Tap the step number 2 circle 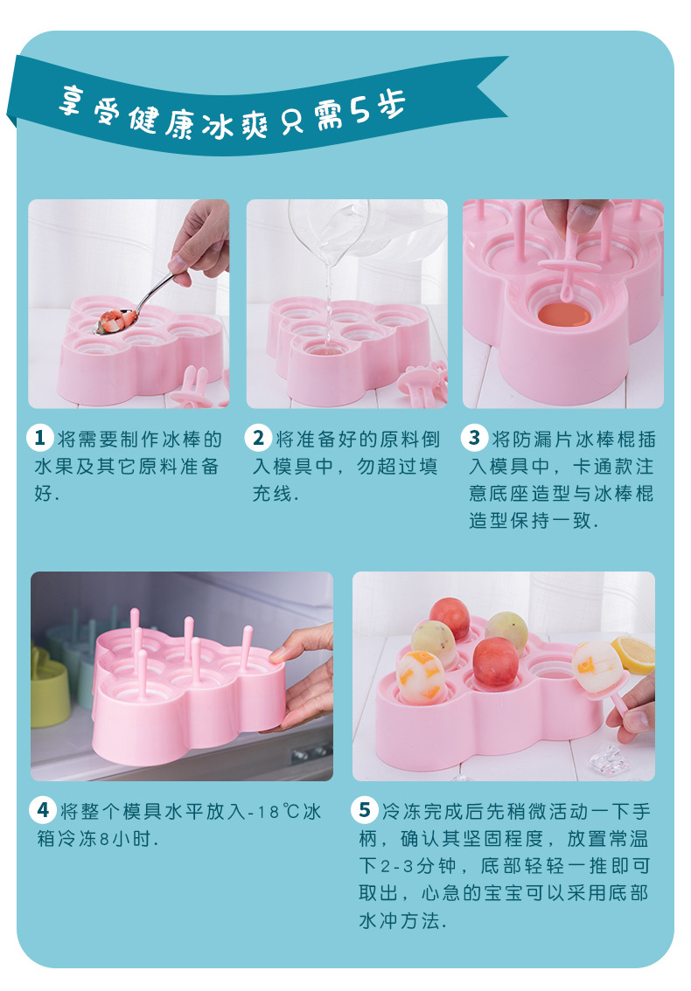[x=259, y=438]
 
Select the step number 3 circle [x=475, y=438]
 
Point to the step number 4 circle [x=42, y=810]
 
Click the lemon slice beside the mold [x=634, y=654]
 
